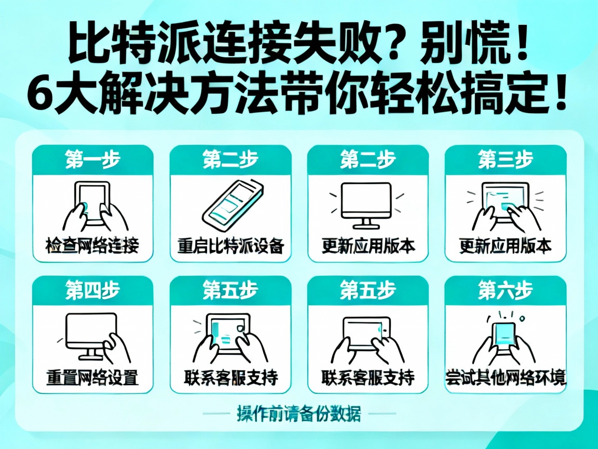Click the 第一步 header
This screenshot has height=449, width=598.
[x=92, y=160]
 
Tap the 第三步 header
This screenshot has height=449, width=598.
[x=505, y=160]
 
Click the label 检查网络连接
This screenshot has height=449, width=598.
[x=92, y=246]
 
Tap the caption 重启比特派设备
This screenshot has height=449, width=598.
[x=230, y=246]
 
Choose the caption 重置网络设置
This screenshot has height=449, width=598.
[x=92, y=377]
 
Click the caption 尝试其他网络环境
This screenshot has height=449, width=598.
[x=505, y=377]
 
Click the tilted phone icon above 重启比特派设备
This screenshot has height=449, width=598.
[x=230, y=204]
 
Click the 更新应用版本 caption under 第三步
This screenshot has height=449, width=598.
[x=505, y=246]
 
